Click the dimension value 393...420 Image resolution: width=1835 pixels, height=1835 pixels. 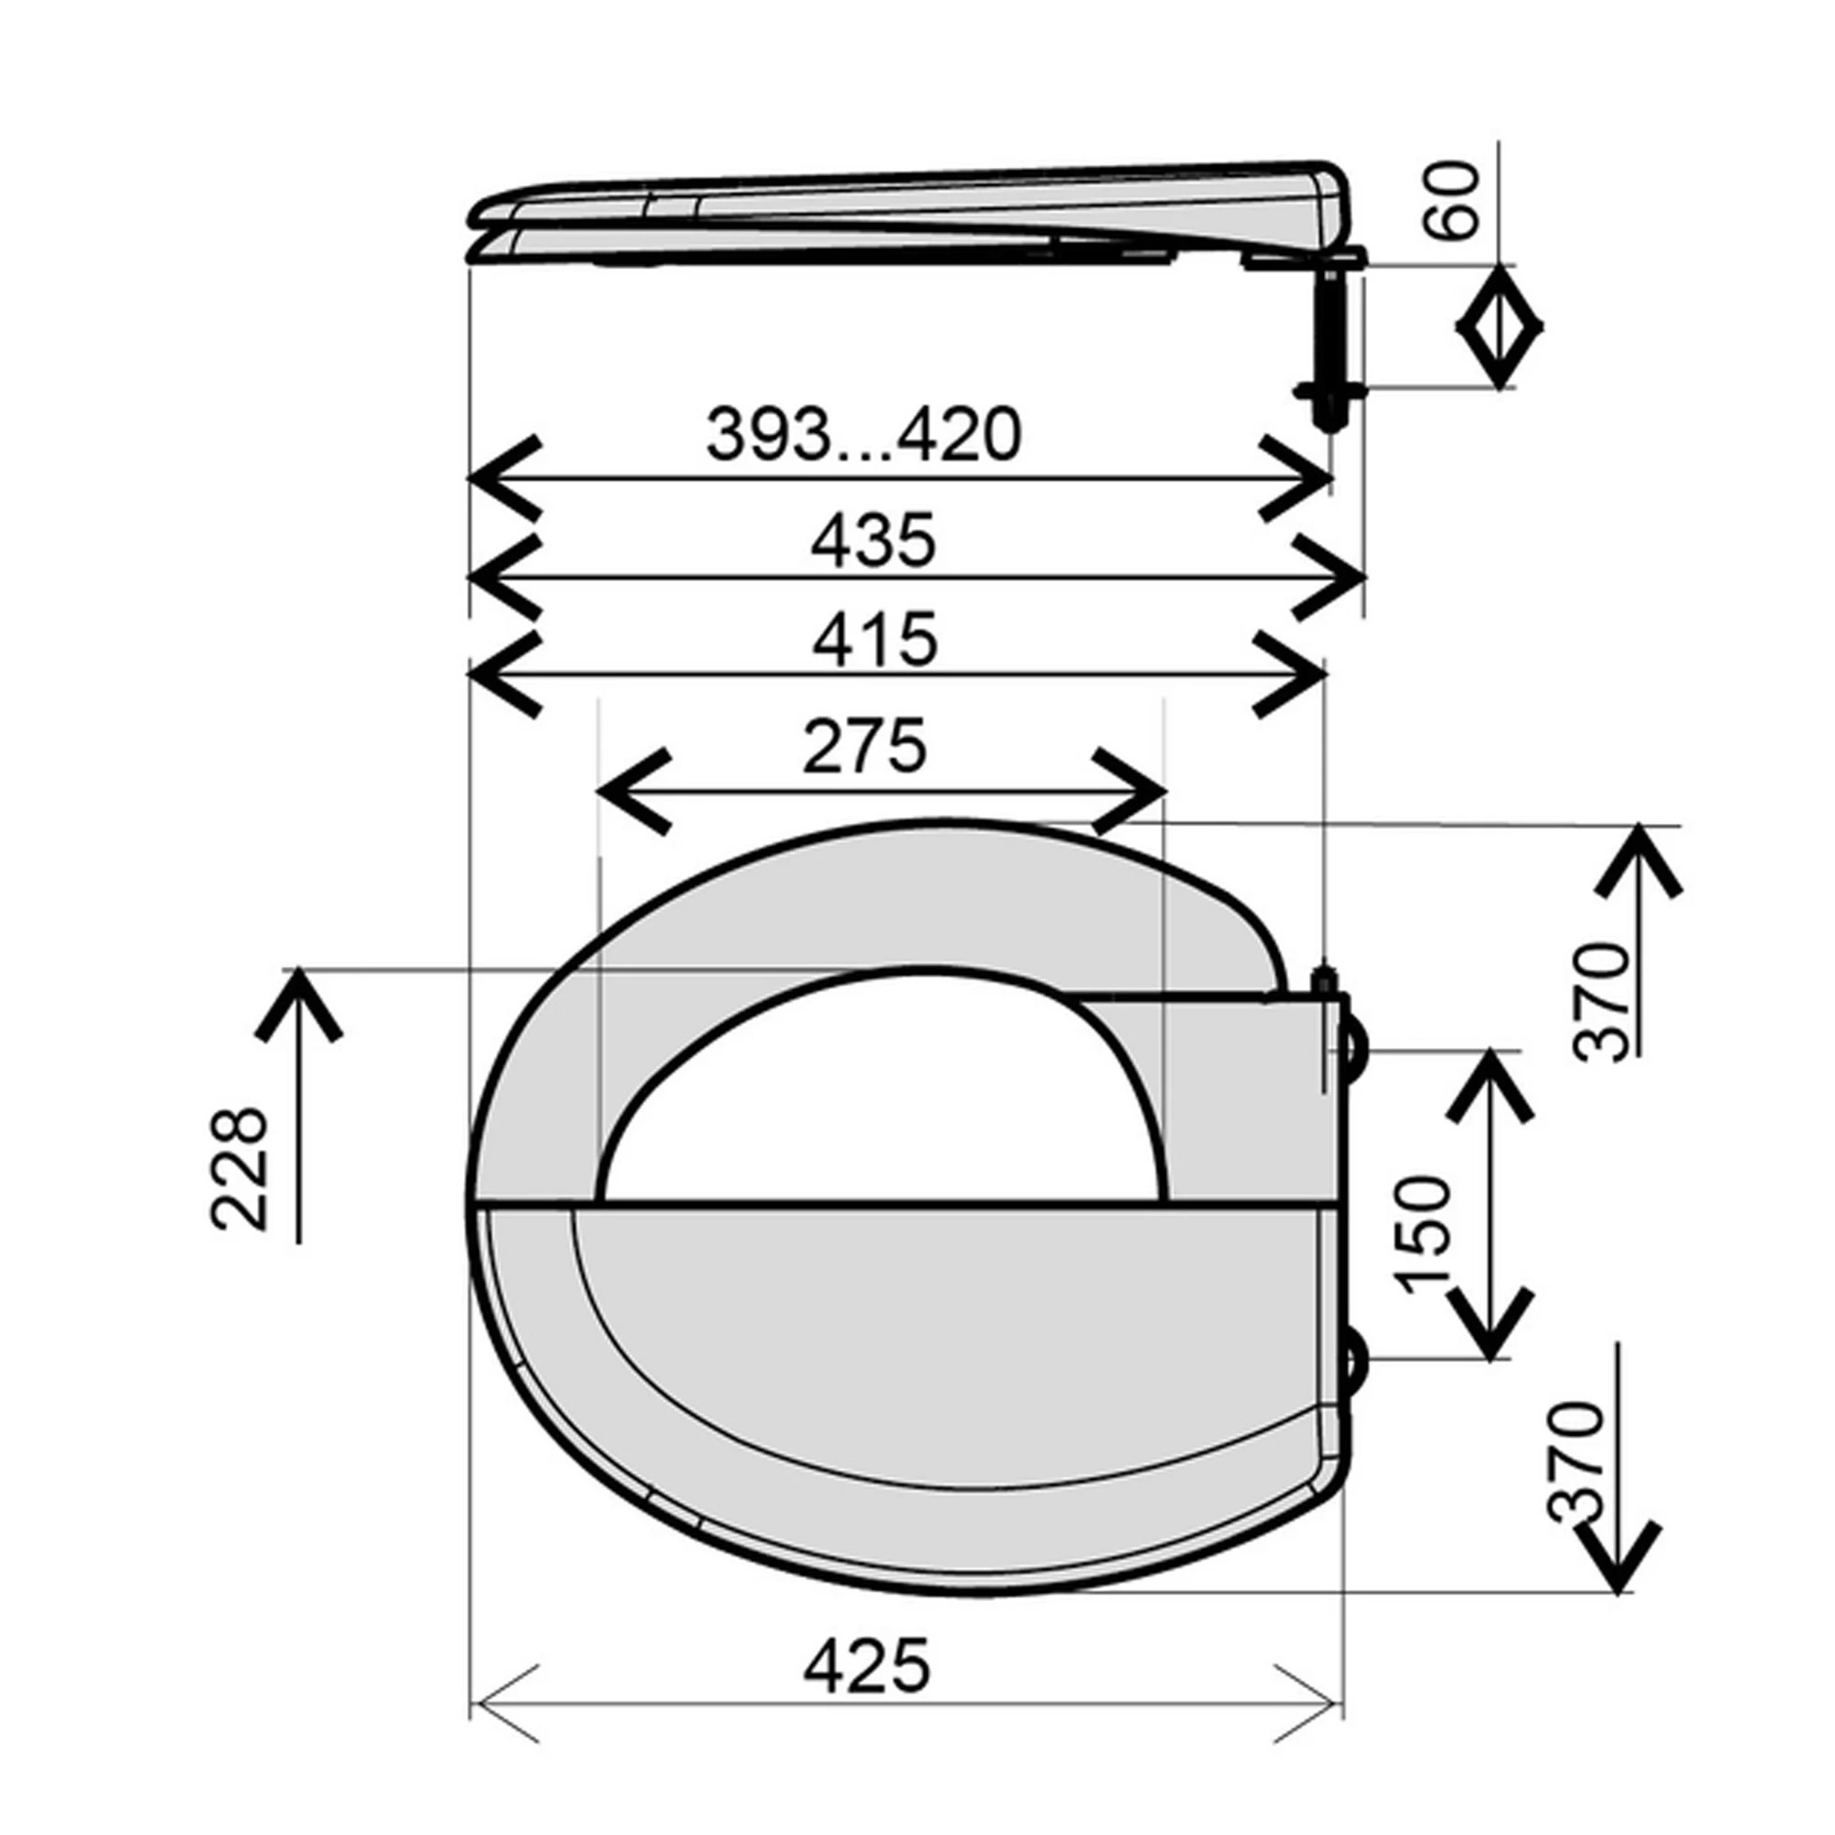point(863,435)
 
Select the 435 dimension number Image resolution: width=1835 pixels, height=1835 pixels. point(873,540)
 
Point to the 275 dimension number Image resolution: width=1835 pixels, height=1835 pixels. point(864,747)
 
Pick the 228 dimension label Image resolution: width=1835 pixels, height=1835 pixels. point(239,1168)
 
